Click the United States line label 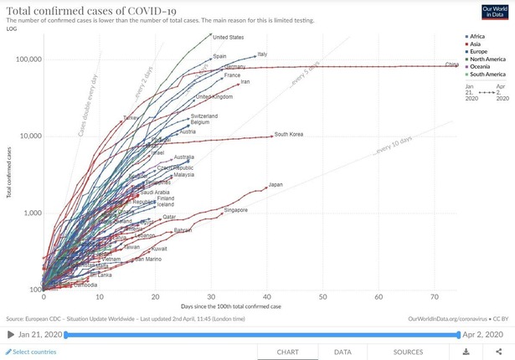point(228,37)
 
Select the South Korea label point(288,134)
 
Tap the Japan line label point(276,184)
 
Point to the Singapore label point(235,210)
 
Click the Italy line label point(262,54)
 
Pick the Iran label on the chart point(245,82)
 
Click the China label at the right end point(451,64)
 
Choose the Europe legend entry point(479,52)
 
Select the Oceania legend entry point(481,67)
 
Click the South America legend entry point(487,75)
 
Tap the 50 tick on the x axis point(323,296)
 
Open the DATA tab point(342,352)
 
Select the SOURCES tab point(408,352)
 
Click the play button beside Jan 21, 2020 point(9,335)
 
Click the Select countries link point(32,352)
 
